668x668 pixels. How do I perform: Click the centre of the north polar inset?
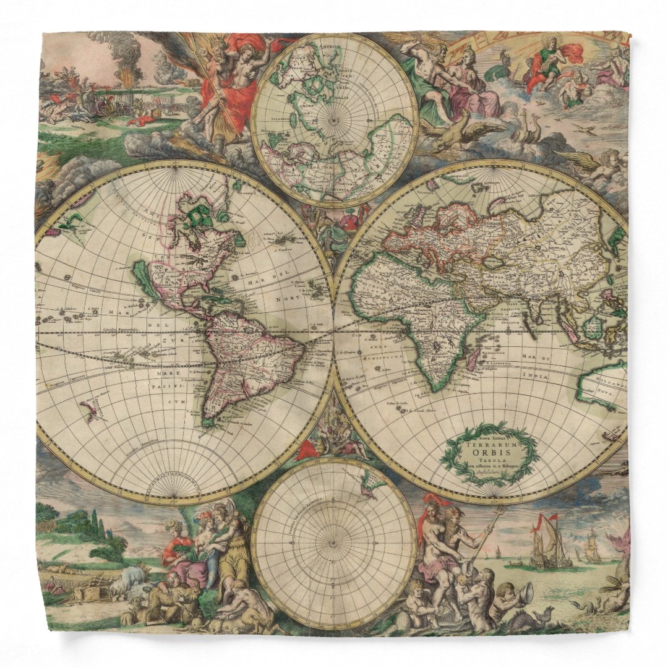coord(335,120)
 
